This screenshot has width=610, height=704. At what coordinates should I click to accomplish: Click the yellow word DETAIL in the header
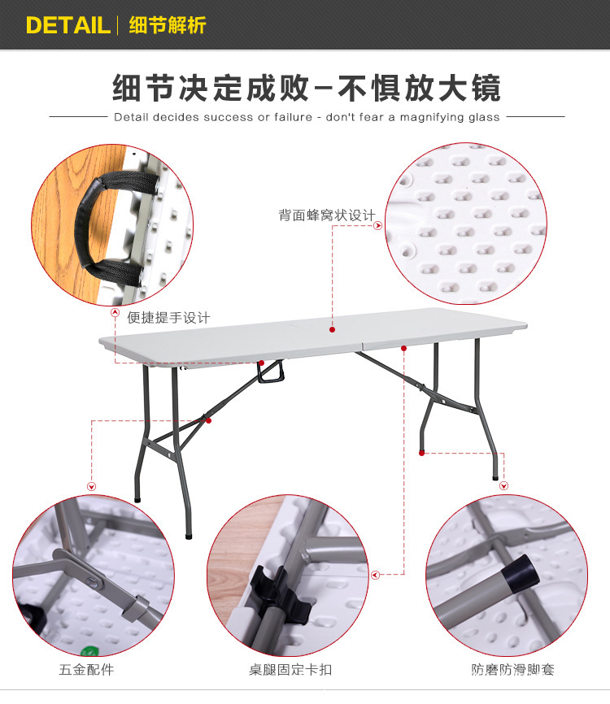68,24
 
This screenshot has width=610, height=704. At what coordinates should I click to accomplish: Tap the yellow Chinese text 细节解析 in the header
168,24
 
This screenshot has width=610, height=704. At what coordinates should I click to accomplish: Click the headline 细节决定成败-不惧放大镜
306,88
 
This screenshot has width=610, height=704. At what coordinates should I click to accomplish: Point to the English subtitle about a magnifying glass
307,117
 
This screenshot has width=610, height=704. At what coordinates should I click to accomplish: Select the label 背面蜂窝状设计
326,215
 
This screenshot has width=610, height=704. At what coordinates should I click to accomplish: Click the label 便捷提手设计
168,318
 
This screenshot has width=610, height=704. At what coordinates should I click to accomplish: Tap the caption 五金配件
86,670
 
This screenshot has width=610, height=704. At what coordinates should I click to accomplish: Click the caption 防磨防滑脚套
512,670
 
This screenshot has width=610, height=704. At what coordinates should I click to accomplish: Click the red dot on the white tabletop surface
332,329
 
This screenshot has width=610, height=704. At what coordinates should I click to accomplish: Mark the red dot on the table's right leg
421,452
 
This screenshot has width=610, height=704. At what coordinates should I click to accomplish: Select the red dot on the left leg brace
208,420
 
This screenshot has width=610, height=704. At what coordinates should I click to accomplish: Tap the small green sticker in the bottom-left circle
89,648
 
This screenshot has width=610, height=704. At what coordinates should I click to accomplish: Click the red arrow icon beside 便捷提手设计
115,312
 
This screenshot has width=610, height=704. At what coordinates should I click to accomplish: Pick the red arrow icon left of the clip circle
376,575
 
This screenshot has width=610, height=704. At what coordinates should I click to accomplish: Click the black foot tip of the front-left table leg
190,536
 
